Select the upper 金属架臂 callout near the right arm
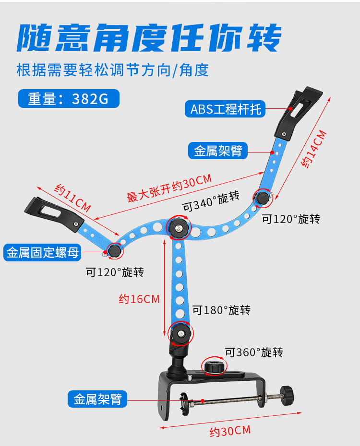pos(218,151)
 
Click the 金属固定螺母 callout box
pos(42,252)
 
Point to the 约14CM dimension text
pos(315,149)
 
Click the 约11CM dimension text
pos(72,199)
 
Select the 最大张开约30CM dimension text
pos(168,188)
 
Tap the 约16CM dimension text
pos(139,299)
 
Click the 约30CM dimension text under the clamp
pos(230,431)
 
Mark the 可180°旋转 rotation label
pos(221,310)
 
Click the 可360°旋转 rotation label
pos(254,352)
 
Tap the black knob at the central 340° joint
pos(179,228)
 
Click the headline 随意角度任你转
pos(149,38)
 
